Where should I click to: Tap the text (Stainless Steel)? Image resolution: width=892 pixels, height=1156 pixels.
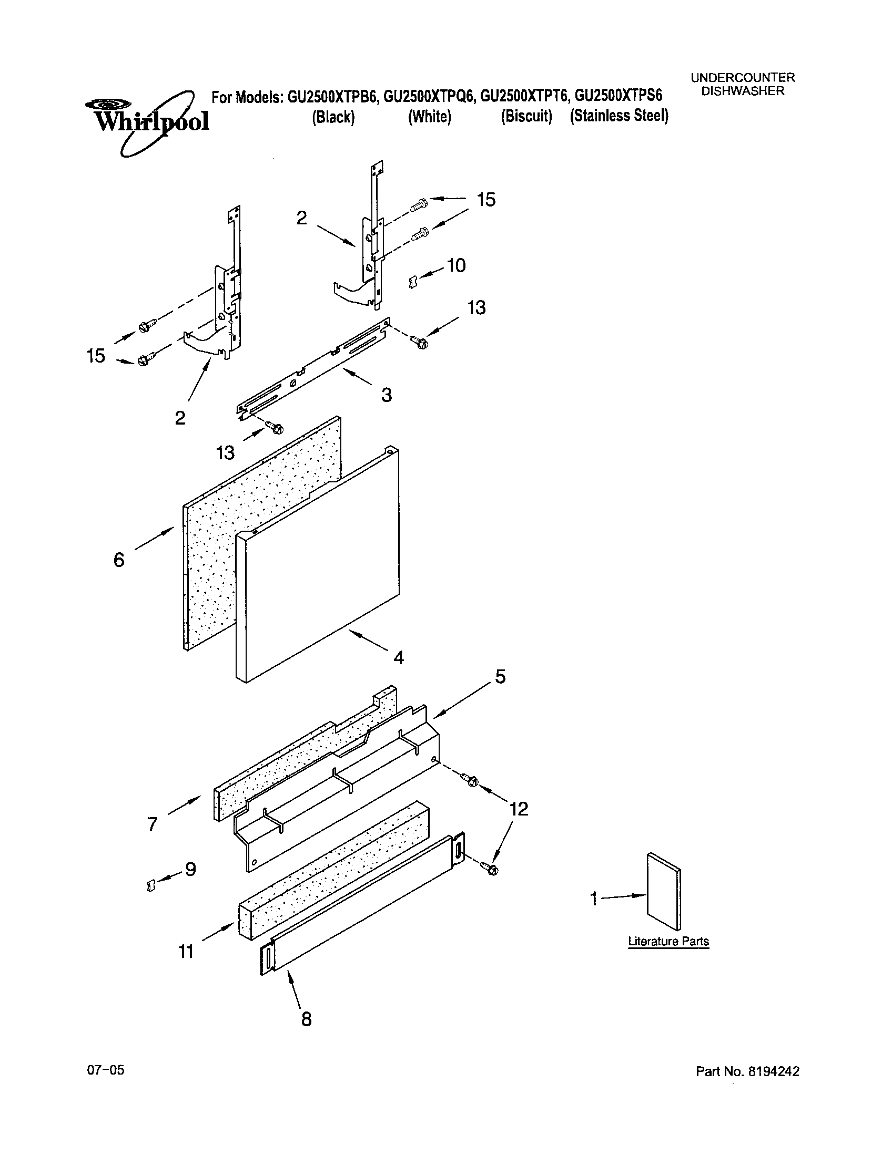(x=619, y=116)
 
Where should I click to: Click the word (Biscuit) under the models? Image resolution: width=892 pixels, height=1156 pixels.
(x=526, y=116)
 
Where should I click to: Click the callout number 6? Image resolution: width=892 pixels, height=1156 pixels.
(x=119, y=560)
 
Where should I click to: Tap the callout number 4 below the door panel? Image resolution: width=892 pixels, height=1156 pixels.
(x=398, y=657)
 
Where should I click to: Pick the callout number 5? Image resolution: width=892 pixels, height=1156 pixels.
(x=500, y=676)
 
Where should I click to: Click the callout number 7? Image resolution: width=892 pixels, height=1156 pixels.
(x=153, y=823)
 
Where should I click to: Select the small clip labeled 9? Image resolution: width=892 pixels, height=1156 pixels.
(x=151, y=884)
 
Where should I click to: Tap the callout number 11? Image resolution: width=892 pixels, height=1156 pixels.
(x=186, y=951)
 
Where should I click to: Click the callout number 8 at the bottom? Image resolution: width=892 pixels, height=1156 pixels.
(x=306, y=1018)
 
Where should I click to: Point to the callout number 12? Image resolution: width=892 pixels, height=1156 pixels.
(x=519, y=808)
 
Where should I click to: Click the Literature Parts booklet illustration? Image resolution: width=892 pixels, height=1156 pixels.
(x=664, y=890)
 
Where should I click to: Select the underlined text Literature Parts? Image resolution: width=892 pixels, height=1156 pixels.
(x=668, y=941)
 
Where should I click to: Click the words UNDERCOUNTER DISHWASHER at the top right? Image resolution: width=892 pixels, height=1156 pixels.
(x=743, y=84)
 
